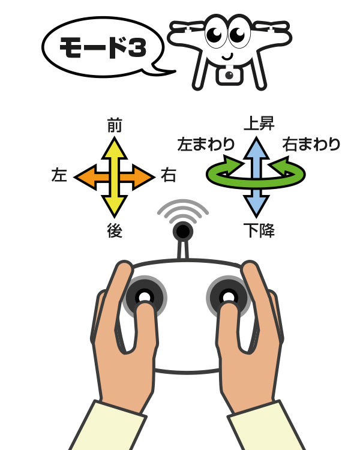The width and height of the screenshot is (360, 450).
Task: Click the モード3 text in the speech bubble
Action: coord(103,47)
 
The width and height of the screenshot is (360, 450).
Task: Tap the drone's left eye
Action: coord(216,33)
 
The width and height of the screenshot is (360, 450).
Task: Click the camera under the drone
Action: coord(229,75)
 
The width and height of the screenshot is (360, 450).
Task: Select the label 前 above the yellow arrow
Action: coord(115,125)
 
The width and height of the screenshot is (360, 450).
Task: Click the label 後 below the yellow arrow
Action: coord(115,230)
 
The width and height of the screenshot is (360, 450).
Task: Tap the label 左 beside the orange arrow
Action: coord(59,175)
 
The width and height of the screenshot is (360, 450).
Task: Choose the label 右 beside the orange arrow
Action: coord(168,175)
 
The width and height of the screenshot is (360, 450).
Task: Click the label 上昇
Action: coord(259,124)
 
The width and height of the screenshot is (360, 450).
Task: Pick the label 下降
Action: coord(259,230)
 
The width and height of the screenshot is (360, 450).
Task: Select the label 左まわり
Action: coord(206,144)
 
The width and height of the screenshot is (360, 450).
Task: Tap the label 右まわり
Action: coord(311,144)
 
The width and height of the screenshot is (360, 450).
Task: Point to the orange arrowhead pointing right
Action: coord(143,177)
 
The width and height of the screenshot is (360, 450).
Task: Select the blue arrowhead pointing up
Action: coord(256,148)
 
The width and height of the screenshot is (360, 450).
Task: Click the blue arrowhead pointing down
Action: coord(256,206)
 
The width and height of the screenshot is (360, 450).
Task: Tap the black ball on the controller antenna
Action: coord(182,232)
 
